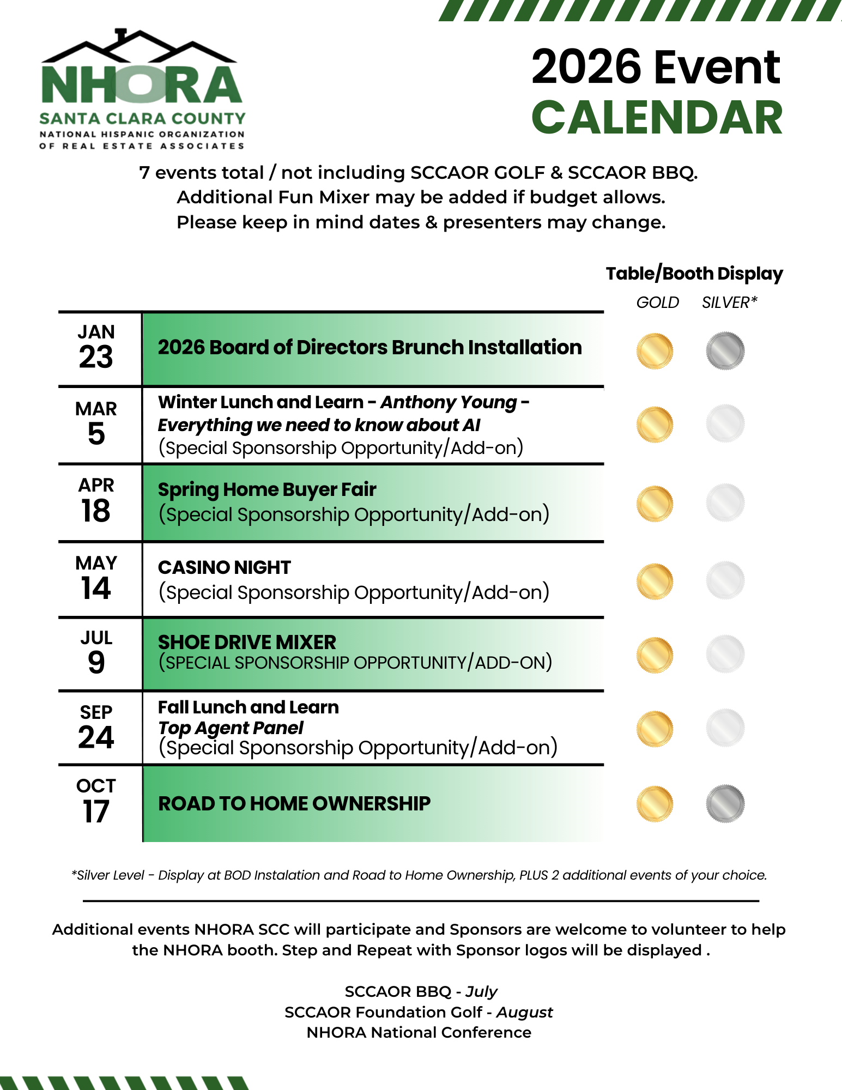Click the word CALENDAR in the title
tap(657, 118)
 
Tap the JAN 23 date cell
tap(96, 347)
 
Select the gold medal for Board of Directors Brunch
tap(655, 351)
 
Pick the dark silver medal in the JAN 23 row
tap(725, 351)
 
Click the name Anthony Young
tap(449, 402)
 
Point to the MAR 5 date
tap(96, 423)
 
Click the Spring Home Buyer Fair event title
tap(267, 489)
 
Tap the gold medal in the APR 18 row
tap(655, 503)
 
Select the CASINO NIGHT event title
tap(225, 567)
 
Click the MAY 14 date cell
tap(96, 578)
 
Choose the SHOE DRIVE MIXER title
tap(247, 642)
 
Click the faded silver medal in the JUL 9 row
tap(725, 653)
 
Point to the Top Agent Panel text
tap(231, 728)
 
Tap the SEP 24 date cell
tap(96, 728)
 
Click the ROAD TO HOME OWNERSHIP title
tap(294, 803)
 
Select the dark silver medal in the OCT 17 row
tap(725, 803)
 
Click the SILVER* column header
tap(729, 302)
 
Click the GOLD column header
tap(657, 302)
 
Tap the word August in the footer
tap(524, 1012)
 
